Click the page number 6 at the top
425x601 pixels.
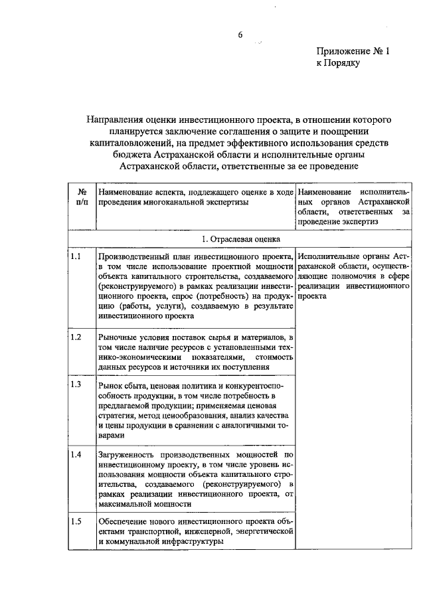click(240, 35)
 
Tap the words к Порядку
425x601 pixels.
click(337, 64)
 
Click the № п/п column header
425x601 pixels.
click(82, 197)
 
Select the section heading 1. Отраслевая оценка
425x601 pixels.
click(240, 238)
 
